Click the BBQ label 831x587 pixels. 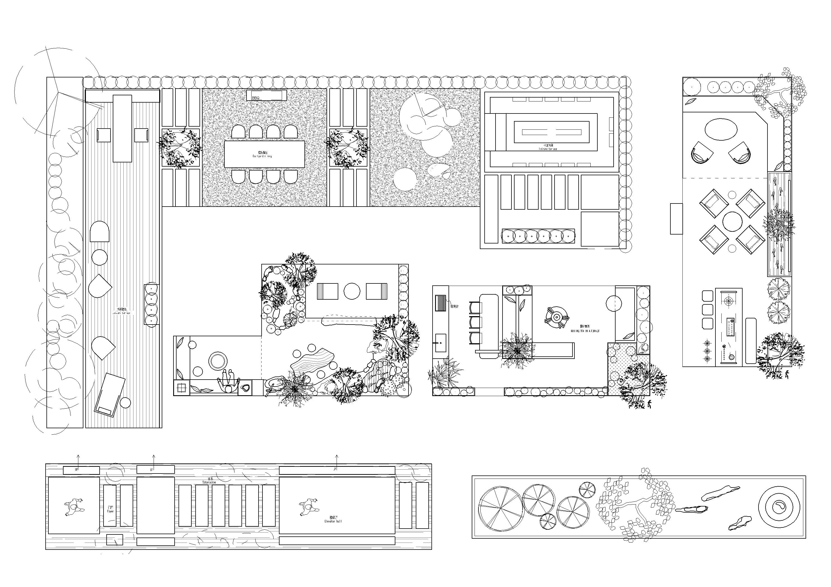coord(255,98)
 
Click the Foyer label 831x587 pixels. coord(110,509)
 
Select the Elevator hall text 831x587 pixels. coord(333,519)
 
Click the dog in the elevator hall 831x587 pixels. coord(308,506)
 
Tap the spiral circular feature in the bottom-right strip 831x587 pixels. coord(779,507)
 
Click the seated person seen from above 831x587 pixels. coord(228,382)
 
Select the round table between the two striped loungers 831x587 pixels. coord(352,291)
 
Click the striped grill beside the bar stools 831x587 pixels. coord(440,302)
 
